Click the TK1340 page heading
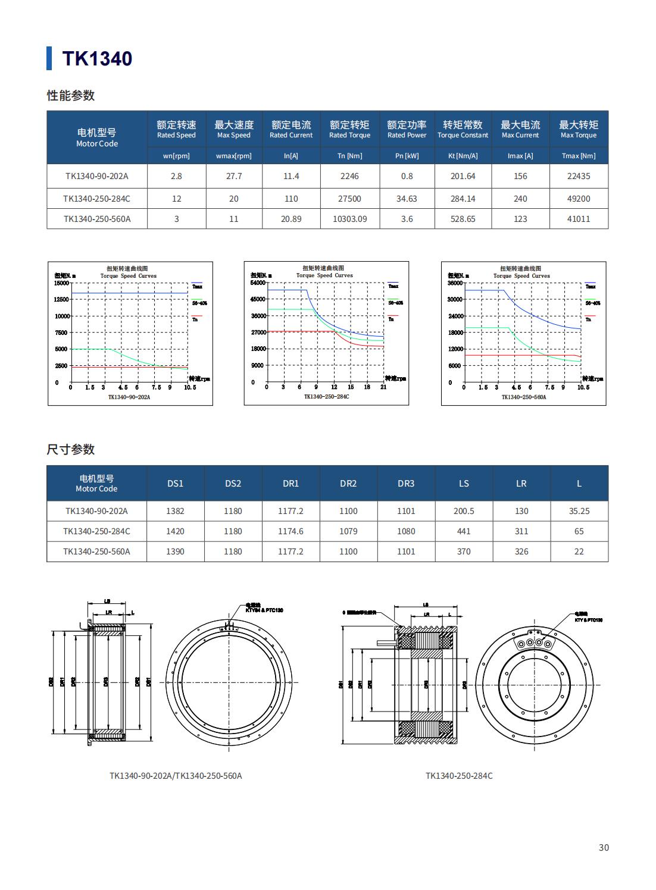[x=97, y=58]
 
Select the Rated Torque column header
[x=349, y=129]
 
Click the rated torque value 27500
[x=349, y=199]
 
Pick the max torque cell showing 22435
[x=579, y=176]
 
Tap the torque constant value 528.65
[x=463, y=219]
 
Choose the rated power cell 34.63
[x=407, y=199]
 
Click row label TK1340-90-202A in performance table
[x=96, y=176]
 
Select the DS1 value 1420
[x=175, y=531]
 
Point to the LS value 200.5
[x=464, y=511]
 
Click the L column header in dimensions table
[x=579, y=483]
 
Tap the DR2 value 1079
[x=348, y=531]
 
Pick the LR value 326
[x=521, y=551]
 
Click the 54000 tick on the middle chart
[x=258, y=283]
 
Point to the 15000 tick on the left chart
[x=61, y=283]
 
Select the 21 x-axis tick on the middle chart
[x=383, y=387]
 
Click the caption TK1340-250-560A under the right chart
[x=523, y=397]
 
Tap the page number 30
[x=604, y=847]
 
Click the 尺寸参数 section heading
[x=71, y=449]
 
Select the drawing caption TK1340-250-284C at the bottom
[x=459, y=776]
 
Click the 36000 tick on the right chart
[x=455, y=283]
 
